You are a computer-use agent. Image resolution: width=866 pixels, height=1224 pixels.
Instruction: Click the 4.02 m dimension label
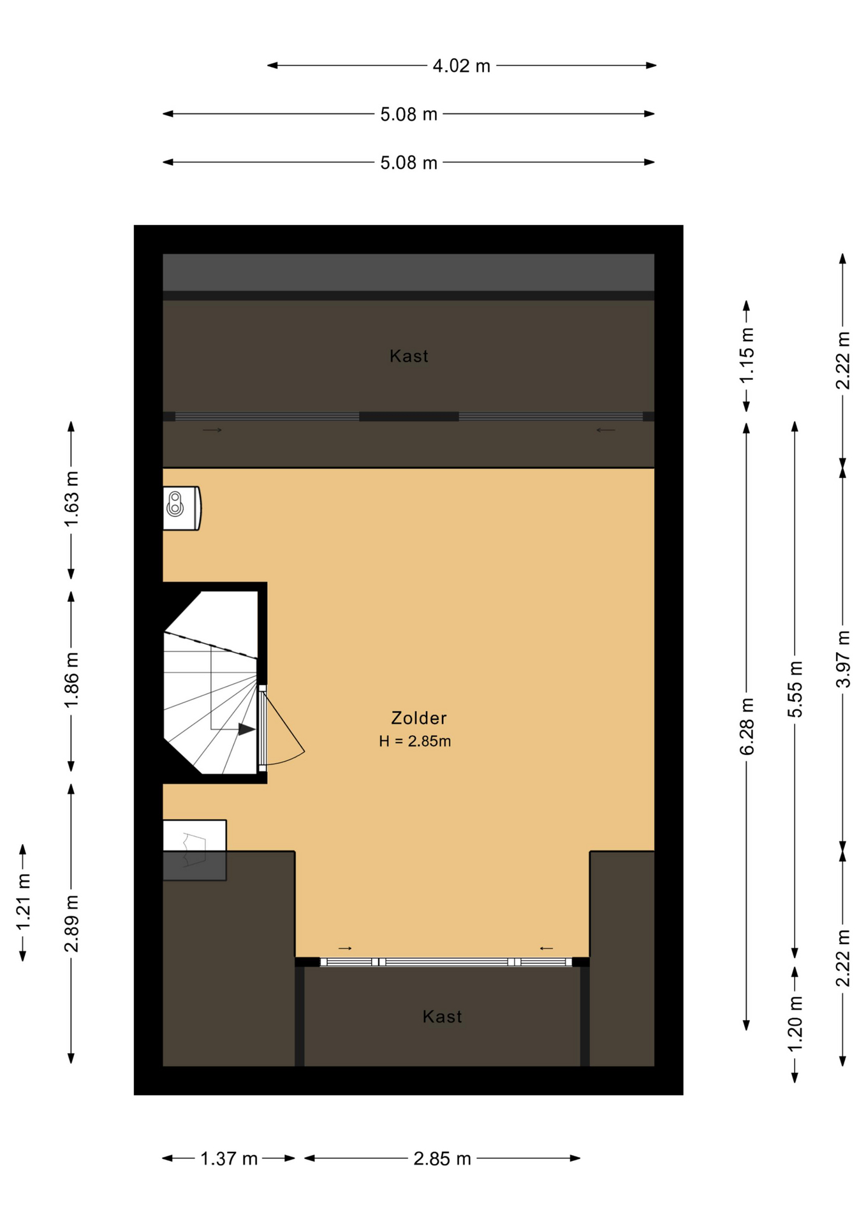[x=461, y=66]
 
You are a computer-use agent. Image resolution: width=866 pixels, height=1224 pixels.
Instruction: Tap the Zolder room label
[x=418, y=718]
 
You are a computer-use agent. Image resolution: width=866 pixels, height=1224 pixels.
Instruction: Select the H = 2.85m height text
[x=415, y=741]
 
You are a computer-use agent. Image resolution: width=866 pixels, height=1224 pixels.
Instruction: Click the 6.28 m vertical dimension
[x=747, y=727]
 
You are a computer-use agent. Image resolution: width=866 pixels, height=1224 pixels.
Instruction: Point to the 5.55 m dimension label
[x=795, y=689]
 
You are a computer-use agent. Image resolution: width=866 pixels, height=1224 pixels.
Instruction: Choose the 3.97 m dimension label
[x=843, y=659]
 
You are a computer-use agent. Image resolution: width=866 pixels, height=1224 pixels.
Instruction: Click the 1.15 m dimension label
[x=747, y=355]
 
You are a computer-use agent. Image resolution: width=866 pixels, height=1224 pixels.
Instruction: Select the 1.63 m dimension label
[x=71, y=499]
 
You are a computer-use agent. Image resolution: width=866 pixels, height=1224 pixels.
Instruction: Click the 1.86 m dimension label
[x=71, y=680]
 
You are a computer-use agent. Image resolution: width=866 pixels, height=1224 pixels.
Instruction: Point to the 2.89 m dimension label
[x=71, y=924]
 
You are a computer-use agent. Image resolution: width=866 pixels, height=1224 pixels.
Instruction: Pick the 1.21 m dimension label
[x=24, y=902]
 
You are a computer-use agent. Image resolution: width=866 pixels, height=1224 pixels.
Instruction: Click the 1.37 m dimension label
[x=229, y=1158]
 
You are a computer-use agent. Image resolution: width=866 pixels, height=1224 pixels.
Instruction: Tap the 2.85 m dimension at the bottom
[x=442, y=1158]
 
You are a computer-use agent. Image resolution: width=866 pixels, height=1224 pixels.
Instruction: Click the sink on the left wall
[x=182, y=508]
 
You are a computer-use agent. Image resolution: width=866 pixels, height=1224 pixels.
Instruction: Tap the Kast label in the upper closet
[x=409, y=356]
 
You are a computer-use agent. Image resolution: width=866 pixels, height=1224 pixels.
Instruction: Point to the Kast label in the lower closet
[x=442, y=1016]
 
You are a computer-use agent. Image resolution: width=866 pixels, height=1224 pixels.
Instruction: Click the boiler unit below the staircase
[x=194, y=850]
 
